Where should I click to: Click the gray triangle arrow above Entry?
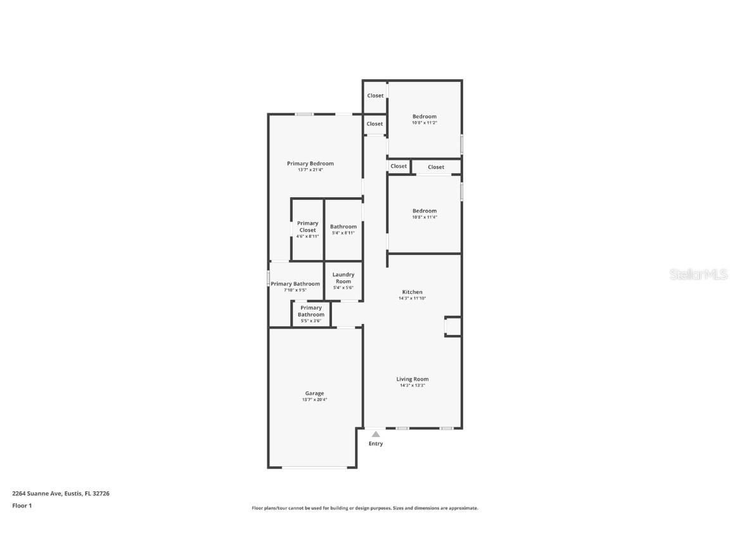click(x=376, y=434)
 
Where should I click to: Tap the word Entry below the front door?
click(x=376, y=444)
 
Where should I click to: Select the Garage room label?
click(x=314, y=393)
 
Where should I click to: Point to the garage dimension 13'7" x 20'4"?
click(x=314, y=400)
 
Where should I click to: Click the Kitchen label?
click(x=412, y=292)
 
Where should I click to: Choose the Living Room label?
click(x=412, y=379)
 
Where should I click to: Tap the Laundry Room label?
click(x=343, y=278)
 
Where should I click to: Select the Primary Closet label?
click(x=307, y=226)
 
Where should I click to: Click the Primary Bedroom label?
click(x=310, y=164)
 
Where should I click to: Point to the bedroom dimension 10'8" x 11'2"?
click(x=424, y=122)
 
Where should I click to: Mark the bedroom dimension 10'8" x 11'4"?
click(x=424, y=217)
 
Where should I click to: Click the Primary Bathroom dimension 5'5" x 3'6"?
click(x=311, y=321)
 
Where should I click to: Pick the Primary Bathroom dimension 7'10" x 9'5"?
click(x=295, y=290)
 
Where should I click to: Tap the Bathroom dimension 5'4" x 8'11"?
click(x=343, y=233)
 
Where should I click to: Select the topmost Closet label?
click(x=375, y=96)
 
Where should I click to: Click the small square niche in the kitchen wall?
click(x=452, y=326)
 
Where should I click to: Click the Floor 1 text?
click(x=22, y=506)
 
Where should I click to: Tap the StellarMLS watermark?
click(x=700, y=274)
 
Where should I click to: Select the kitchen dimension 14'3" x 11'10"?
click(x=412, y=298)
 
